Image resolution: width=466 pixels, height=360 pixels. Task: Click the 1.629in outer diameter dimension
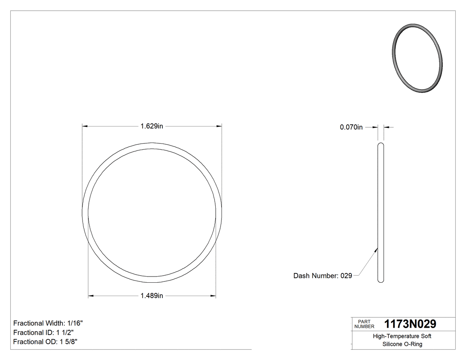152,126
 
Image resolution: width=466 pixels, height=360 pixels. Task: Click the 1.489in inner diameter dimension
152,296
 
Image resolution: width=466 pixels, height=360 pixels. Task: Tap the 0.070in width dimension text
351,127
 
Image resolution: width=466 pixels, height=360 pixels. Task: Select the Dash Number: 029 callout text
323,276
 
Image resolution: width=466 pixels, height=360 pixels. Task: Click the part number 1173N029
410,324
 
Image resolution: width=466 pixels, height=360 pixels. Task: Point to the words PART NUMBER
364,324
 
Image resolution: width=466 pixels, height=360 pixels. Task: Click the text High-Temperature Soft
402,336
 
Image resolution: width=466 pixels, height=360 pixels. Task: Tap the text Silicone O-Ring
402,344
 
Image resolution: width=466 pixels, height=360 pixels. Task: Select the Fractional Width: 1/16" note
48,323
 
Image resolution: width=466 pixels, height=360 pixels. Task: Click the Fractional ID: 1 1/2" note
43,332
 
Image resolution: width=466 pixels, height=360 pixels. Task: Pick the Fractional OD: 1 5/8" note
46,341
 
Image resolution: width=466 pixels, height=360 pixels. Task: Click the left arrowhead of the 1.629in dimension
85,126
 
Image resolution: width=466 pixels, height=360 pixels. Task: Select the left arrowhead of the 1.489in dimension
91,296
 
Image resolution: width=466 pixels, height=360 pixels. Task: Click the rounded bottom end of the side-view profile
380,281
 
